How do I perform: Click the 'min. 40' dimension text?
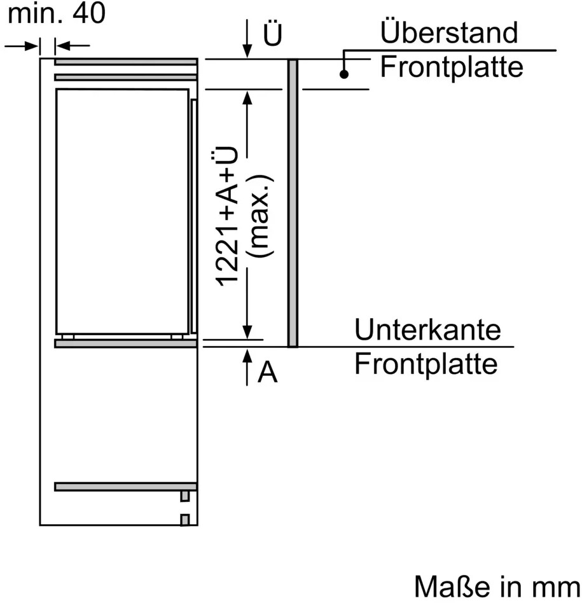[x=56, y=14]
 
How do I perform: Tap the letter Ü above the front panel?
[x=272, y=36]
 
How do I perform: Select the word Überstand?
[x=448, y=32]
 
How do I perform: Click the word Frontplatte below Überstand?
[x=452, y=66]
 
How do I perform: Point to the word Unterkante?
[x=427, y=330]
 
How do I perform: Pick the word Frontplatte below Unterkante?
[x=426, y=364]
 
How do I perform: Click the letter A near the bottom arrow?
[x=268, y=373]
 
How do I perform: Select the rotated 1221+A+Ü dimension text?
[x=228, y=216]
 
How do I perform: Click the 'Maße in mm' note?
[x=496, y=585]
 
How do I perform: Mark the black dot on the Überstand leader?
[x=344, y=74]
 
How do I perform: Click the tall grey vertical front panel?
[x=293, y=204]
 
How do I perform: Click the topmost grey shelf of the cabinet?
[x=125, y=62]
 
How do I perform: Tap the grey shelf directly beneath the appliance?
[x=125, y=343]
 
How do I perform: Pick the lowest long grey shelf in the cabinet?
[x=125, y=487]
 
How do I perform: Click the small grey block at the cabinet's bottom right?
[x=185, y=520]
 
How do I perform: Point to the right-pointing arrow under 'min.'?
[x=32, y=46]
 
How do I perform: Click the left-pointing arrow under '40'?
[x=64, y=46]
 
